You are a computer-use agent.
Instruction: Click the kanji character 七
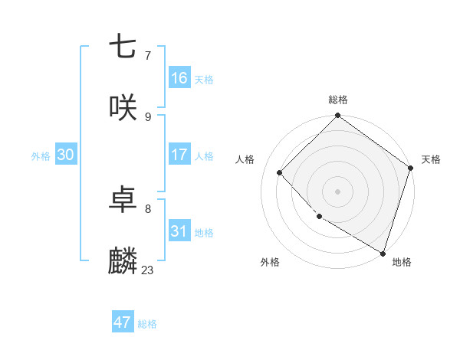[x=123, y=47]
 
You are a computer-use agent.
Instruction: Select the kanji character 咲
[x=123, y=108]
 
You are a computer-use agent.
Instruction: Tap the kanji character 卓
[x=123, y=201]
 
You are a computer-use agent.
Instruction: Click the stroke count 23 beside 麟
[x=147, y=270]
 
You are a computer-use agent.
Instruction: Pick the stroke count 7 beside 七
[x=147, y=55]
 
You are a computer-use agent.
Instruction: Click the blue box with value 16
[x=179, y=78]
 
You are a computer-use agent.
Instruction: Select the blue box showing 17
[x=179, y=155]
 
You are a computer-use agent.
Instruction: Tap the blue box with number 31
[x=179, y=231]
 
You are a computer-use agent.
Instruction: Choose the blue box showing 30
[x=66, y=155]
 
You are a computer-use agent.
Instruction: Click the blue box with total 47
[x=123, y=322]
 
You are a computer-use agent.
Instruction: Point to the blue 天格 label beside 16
[x=204, y=80]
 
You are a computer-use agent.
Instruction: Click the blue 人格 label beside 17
[x=204, y=156]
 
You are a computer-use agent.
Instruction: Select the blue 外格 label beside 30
[x=41, y=156]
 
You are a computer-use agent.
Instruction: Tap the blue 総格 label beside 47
[x=147, y=324]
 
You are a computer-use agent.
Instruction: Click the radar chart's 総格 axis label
[x=338, y=100]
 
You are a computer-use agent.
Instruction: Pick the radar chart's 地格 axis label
[x=402, y=262]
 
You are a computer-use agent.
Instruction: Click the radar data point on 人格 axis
[x=280, y=172]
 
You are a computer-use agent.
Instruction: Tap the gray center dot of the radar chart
[x=338, y=191]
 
